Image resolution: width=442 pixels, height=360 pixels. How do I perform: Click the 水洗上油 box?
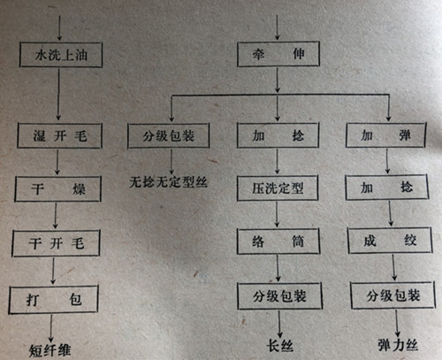(x=61, y=55)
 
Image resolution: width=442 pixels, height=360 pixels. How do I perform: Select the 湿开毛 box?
(x=60, y=135)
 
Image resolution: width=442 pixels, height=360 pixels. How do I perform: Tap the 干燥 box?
(x=58, y=188)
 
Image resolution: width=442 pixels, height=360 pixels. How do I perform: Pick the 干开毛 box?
(x=56, y=243)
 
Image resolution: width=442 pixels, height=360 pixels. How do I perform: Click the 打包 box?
(x=53, y=300)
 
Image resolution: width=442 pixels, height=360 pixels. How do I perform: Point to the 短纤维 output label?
(x=50, y=350)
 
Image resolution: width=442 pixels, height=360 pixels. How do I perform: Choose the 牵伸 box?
(x=278, y=54)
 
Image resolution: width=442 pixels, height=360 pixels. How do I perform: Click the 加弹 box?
(x=385, y=135)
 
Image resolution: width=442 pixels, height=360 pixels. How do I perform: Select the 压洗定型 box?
(x=278, y=188)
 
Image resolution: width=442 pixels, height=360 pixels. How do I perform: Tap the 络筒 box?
(x=278, y=241)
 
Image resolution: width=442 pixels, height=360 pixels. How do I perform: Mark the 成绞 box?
(x=390, y=241)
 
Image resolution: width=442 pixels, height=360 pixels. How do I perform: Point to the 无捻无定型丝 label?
(x=168, y=182)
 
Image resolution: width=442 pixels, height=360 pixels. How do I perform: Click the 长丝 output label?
(x=280, y=346)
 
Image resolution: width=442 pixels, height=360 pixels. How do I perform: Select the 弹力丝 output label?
(x=398, y=345)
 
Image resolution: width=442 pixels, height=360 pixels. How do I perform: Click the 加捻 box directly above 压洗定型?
(x=278, y=135)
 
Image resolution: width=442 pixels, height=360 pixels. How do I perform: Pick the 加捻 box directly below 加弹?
(x=387, y=188)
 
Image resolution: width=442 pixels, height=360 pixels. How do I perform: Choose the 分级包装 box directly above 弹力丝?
(x=393, y=295)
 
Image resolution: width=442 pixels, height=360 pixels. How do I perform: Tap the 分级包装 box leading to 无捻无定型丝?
(x=169, y=135)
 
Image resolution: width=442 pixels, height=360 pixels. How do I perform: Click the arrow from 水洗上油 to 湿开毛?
(x=58, y=95)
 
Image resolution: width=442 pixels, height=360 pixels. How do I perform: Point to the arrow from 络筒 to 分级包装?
(x=278, y=268)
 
